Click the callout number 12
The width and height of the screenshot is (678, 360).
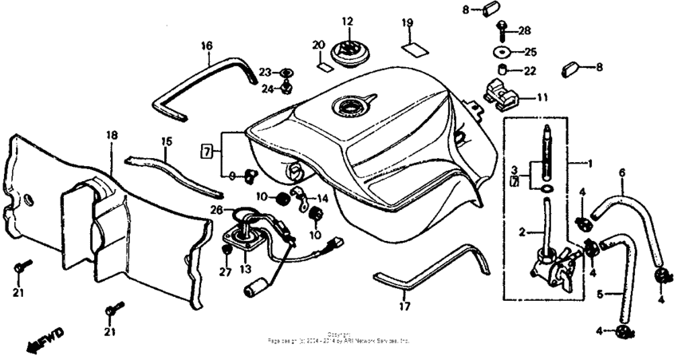point(347,22)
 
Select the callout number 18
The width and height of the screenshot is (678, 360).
point(111,136)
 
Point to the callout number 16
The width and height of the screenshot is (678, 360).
point(206,46)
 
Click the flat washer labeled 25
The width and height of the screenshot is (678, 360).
point(502,52)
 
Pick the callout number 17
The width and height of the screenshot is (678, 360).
point(405,305)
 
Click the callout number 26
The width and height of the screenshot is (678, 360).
point(215,211)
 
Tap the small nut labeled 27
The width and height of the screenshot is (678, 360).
point(227,251)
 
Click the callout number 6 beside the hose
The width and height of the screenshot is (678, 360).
point(622,172)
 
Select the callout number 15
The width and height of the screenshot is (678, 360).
point(166,142)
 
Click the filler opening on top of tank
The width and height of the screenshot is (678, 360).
point(349,109)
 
